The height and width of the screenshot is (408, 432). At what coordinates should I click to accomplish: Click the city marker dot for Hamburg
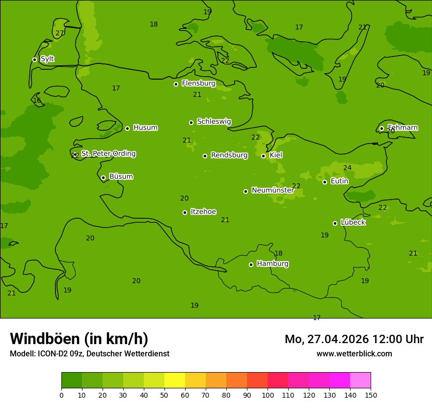(x=251, y=264)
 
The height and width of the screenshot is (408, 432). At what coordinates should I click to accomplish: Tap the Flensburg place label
(x=198, y=84)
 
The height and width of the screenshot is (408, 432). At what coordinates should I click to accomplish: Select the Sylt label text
(x=47, y=59)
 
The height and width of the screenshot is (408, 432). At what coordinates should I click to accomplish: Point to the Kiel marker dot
(x=263, y=156)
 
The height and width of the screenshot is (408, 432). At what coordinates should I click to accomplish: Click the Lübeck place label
(x=352, y=222)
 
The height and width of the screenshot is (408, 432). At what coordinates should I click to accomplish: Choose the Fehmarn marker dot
(x=381, y=128)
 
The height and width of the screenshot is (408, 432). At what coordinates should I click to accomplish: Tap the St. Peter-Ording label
(x=108, y=154)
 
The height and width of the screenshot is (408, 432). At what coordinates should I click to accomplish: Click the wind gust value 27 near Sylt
(x=59, y=33)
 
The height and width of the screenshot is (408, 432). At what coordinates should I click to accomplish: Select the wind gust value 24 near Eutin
(x=347, y=168)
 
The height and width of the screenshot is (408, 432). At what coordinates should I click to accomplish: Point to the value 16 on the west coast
(x=37, y=101)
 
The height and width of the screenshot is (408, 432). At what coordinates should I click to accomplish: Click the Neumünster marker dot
(x=245, y=191)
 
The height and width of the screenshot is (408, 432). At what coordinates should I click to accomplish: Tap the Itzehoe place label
(x=203, y=212)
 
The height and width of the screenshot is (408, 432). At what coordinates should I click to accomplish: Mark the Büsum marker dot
(x=103, y=177)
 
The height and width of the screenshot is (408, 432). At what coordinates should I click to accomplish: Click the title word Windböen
(x=45, y=339)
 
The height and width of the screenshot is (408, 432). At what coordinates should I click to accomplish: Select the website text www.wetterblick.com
(x=354, y=354)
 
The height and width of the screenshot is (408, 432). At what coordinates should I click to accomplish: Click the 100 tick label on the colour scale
(x=268, y=395)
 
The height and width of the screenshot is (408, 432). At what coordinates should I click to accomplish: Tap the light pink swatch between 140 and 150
(x=360, y=380)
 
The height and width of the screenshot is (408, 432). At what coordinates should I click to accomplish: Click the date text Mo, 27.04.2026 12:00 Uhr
(x=354, y=339)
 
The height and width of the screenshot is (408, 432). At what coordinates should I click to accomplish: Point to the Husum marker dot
(x=127, y=128)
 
